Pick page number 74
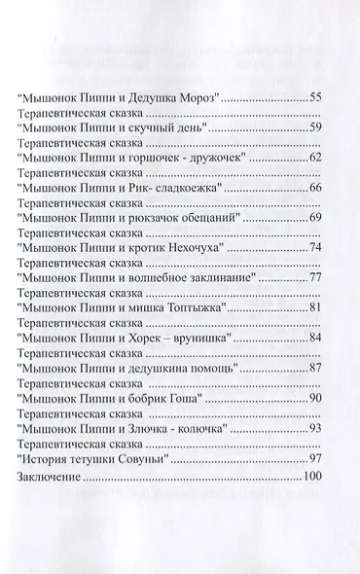click(314, 248)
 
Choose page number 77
click(314, 277)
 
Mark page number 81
click(314, 307)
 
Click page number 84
click(314, 337)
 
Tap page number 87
click(314, 367)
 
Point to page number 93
click(314, 427)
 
